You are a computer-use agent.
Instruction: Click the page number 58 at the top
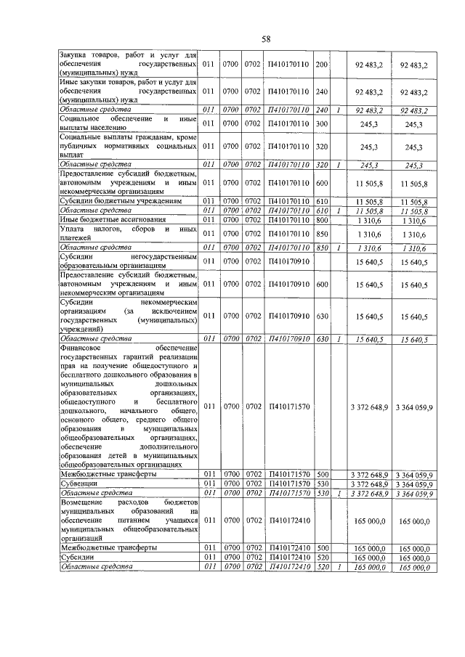tap(266, 38)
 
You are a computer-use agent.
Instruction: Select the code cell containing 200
tap(323, 65)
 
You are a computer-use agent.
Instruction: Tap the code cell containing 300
tap(323, 125)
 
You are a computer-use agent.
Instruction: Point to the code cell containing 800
tap(323, 219)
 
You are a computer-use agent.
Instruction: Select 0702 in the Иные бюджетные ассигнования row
tap(253, 219)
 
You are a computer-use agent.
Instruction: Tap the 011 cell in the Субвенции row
tap(209, 483)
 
